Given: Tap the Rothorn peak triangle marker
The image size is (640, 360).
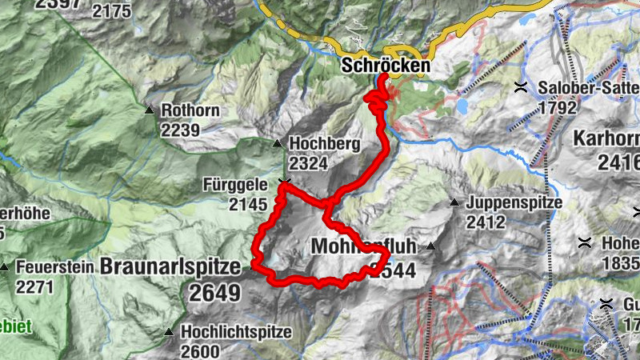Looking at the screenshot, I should click(x=150, y=110).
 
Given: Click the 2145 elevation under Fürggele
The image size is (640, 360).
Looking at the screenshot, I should click(x=246, y=205).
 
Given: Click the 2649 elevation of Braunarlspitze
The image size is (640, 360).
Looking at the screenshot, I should click(x=214, y=292).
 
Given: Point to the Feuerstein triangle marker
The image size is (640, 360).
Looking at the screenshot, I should click(x=6, y=266).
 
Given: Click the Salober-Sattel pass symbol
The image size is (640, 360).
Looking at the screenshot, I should click(x=521, y=86).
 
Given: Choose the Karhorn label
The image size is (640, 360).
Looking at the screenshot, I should click(x=606, y=138).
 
